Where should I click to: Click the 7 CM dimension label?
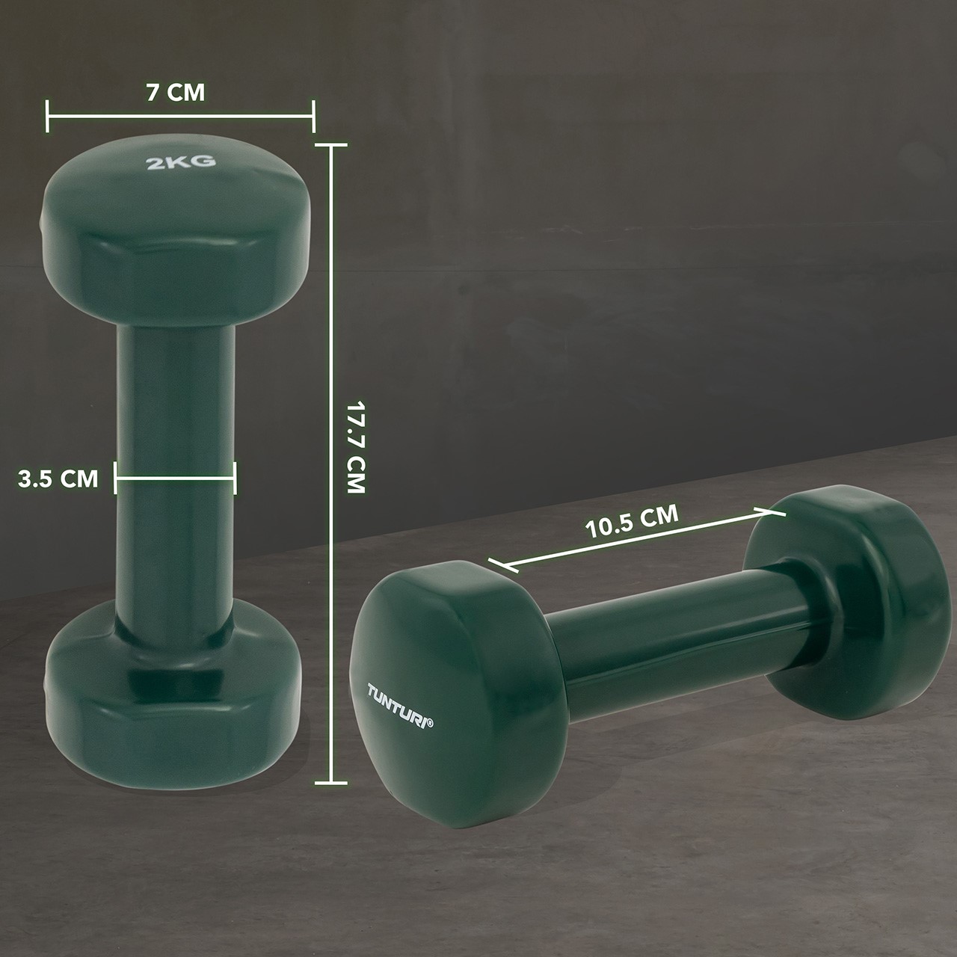coord(175,93)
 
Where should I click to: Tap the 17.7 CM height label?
coord(356,446)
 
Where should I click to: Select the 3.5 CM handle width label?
coord(58,478)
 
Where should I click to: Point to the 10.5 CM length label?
coord(632,521)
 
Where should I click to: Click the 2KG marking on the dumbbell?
coord(181,161)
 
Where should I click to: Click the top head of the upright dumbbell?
coord(177,231)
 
